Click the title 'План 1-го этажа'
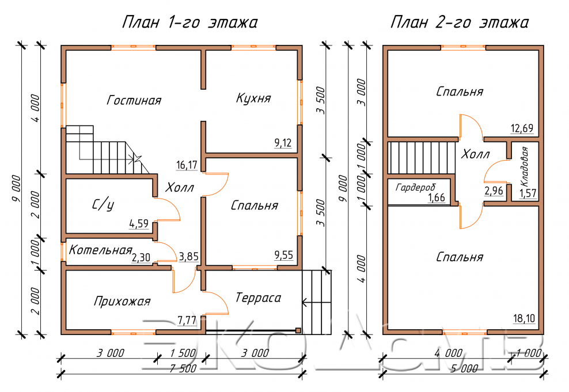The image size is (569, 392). pos(189,22)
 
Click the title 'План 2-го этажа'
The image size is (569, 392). pos(460,22)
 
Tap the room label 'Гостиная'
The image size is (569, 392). pos(134,100)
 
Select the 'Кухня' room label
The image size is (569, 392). pos(253,98)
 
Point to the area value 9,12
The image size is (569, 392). pos(283,143)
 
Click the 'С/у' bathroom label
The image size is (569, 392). pos(103,205)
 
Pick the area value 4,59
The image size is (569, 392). pos(139,223)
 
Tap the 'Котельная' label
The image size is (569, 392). pos(100,250)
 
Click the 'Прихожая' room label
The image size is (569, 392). pos(122,301)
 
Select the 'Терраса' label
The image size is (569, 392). pos(258,298)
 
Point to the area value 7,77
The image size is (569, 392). pos(187,320)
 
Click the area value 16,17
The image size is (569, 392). pos(187,165)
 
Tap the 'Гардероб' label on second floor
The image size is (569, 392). pos(415,188)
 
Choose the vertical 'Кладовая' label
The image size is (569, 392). pos(525,167)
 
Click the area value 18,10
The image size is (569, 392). pos(524,318)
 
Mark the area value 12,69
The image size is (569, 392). pos(522,128)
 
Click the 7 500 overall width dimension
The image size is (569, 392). pos(183,369)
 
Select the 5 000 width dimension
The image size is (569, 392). pos(464,369)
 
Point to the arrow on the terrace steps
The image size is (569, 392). pos(316,302)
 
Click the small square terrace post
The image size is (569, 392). pos(298,330)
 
